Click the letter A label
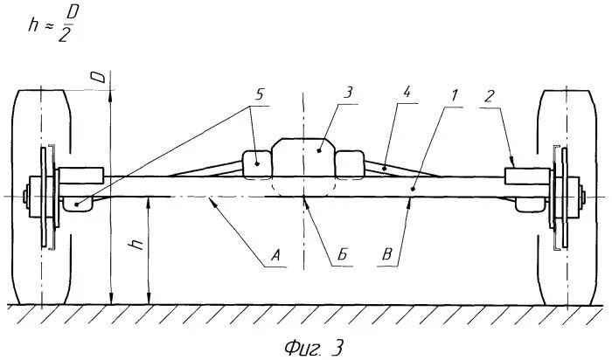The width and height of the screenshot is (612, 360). click(x=275, y=255)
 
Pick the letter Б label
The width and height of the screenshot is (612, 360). click(x=344, y=255)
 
